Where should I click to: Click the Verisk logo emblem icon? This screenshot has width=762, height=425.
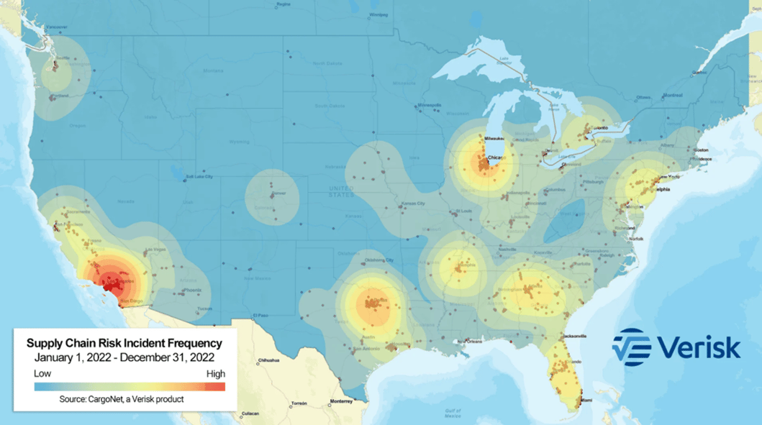(x=631, y=347)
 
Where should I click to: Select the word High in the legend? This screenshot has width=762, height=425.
(x=215, y=374)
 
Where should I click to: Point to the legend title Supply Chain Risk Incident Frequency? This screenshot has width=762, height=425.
(x=124, y=344)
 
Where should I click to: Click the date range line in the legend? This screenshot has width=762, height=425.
(x=124, y=357)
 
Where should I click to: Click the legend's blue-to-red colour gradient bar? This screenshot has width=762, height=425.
(x=130, y=387)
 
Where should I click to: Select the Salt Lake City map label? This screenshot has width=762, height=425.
(x=199, y=176)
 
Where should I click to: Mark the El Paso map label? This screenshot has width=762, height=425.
(x=260, y=316)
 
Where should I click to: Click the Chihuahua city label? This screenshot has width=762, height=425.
(x=267, y=359)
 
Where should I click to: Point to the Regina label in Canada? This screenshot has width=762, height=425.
(x=284, y=4)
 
